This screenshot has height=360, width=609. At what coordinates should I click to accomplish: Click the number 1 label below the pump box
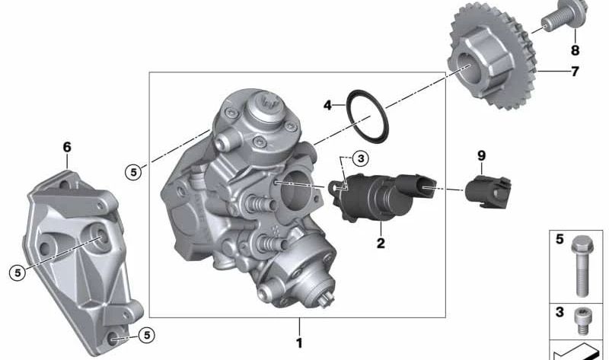tap(299, 342)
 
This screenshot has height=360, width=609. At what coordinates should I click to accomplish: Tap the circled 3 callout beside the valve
tap(360, 158)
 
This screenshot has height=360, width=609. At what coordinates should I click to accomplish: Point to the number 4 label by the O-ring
tap(327, 105)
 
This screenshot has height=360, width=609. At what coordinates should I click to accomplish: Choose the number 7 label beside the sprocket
tap(575, 72)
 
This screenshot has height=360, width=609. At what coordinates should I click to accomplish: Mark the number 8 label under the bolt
tap(575, 51)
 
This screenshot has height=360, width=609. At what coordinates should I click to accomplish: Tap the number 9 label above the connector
tap(480, 155)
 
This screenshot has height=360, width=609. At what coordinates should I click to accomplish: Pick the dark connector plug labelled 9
tap(487, 190)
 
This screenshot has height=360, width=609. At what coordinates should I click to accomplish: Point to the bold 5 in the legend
tap(560, 240)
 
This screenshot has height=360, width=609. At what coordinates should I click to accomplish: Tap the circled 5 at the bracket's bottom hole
tap(146, 333)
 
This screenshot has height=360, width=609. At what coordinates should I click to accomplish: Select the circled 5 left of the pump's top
tap(133, 172)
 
